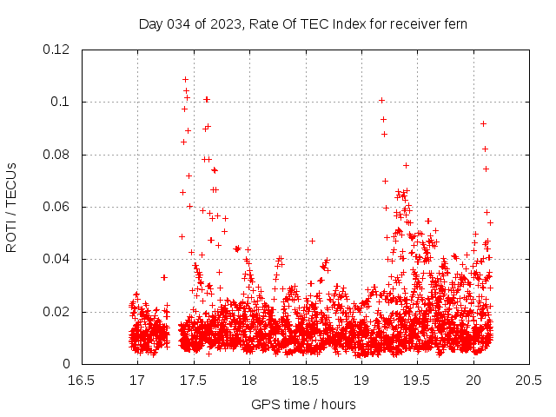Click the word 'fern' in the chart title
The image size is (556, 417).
(x=456, y=23)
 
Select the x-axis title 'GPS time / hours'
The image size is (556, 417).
(x=303, y=404)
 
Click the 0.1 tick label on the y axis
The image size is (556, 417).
(x=63, y=102)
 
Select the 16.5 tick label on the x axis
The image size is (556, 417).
(x=81, y=380)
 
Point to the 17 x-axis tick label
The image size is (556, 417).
(x=137, y=380)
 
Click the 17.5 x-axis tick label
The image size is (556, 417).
(x=193, y=380)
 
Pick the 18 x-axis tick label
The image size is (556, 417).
(x=249, y=380)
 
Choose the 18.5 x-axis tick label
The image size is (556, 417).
(x=305, y=380)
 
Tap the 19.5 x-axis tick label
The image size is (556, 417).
(x=417, y=380)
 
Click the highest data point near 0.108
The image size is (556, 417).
(x=185, y=80)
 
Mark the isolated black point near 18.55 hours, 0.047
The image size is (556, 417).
(x=312, y=241)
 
